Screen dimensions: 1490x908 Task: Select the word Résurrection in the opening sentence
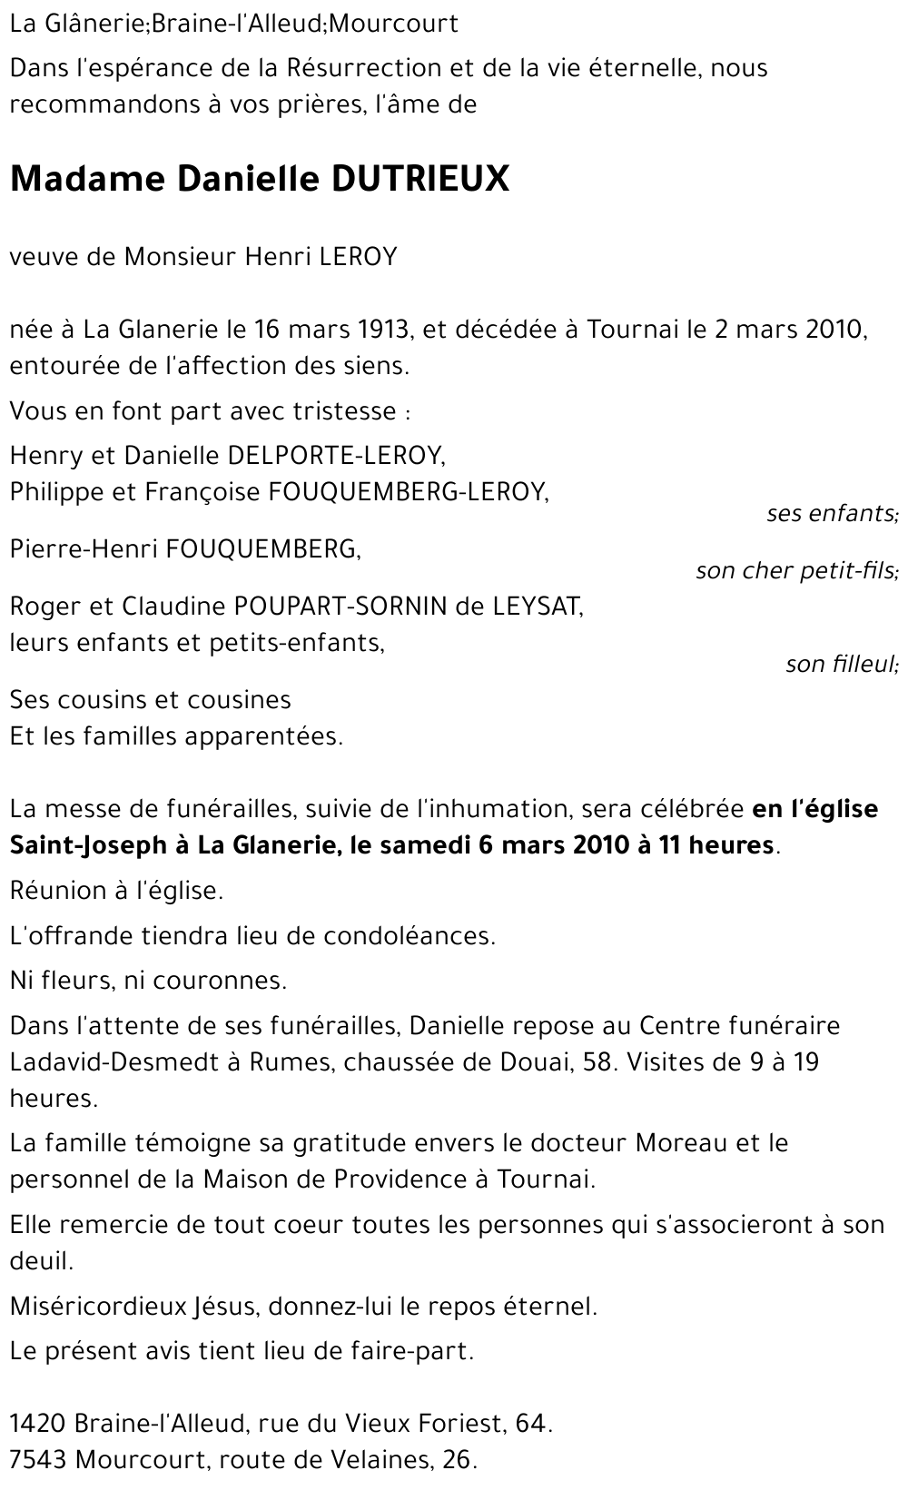360,68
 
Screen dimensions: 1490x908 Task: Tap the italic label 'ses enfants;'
832,514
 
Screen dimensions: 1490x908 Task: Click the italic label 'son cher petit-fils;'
796,571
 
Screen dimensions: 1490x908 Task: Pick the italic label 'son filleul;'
842,665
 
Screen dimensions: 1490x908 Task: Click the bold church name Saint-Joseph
88,845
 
